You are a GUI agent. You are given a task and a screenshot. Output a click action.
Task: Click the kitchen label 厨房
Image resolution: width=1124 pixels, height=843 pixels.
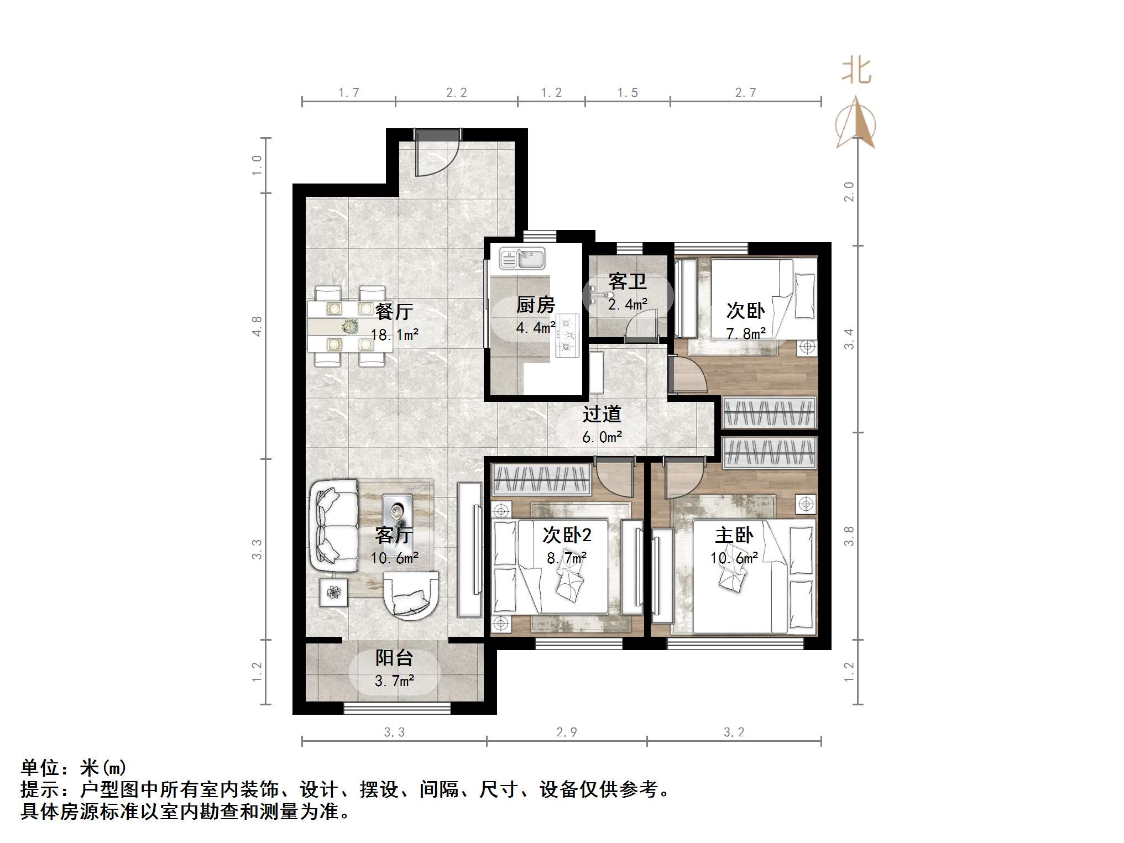[x=535, y=305]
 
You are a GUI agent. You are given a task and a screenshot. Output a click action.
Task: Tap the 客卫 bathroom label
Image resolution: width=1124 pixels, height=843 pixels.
[x=627, y=281]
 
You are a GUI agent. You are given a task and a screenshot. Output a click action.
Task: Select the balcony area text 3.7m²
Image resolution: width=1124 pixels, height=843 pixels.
[x=394, y=681]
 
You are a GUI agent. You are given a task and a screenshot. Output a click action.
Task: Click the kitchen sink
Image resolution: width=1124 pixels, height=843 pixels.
[x=522, y=259]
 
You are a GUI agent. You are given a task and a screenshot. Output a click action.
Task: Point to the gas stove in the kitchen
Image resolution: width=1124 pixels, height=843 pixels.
[x=567, y=335]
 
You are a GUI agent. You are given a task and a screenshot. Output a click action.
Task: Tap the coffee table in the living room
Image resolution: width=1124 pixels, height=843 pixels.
[x=397, y=513]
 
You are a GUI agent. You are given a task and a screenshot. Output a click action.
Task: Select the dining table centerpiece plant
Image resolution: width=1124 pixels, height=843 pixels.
[x=349, y=327]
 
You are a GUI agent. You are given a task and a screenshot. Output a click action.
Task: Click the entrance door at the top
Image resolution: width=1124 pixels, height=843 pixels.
[x=437, y=152]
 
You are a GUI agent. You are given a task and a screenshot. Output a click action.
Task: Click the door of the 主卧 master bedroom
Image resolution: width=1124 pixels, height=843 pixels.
[x=683, y=479]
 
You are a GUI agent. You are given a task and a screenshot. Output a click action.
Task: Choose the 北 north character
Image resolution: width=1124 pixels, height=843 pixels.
[x=856, y=72]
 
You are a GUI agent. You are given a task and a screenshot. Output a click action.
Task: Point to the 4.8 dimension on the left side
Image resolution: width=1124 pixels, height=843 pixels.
[x=257, y=326]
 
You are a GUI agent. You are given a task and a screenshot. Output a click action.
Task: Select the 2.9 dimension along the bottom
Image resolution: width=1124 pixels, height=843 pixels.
[x=566, y=732]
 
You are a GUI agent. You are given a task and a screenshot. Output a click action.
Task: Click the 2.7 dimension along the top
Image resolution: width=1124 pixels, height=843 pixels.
[x=745, y=92]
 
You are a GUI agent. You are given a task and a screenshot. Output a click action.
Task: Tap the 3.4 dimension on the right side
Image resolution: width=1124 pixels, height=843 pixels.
[x=849, y=338]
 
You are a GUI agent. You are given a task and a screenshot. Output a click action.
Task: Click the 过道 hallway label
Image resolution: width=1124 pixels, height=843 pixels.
[x=602, y=414]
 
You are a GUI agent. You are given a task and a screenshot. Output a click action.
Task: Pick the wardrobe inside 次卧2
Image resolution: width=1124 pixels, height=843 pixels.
[x=541, y=479]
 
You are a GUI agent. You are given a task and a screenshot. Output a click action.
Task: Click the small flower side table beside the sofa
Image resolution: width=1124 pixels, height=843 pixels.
[x=333, y=593]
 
